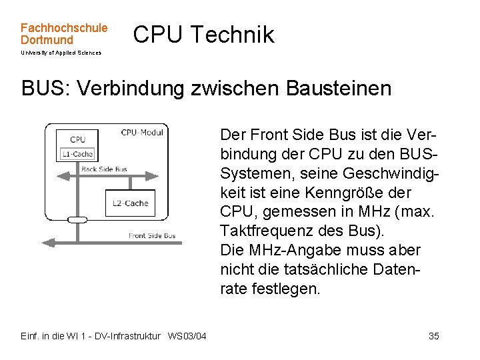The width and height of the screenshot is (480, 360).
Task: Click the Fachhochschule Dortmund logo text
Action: [x=63, y=34]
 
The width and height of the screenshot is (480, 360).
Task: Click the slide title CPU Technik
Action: [x=203, y=35]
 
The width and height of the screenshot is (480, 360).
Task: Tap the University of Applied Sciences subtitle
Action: [x=61, y=53]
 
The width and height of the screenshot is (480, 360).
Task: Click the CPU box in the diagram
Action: [x=78, y=139]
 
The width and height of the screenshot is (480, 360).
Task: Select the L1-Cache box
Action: [x=78, y=154]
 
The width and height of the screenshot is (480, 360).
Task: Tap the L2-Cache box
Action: [x=131, y=203]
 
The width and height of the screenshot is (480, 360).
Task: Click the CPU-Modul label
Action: [x=142, y=133]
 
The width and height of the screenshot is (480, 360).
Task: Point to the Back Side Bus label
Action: [x=104, y=169]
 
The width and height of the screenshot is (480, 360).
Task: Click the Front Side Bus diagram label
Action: [x=153, y=235]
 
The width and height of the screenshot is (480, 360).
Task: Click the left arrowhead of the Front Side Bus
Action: [x=46, y=241]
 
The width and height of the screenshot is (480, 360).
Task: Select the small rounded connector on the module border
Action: [x=78, y=219]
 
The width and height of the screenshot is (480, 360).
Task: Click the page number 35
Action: [x=434, y=336]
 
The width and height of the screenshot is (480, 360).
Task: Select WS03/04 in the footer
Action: [x=187, y=336]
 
